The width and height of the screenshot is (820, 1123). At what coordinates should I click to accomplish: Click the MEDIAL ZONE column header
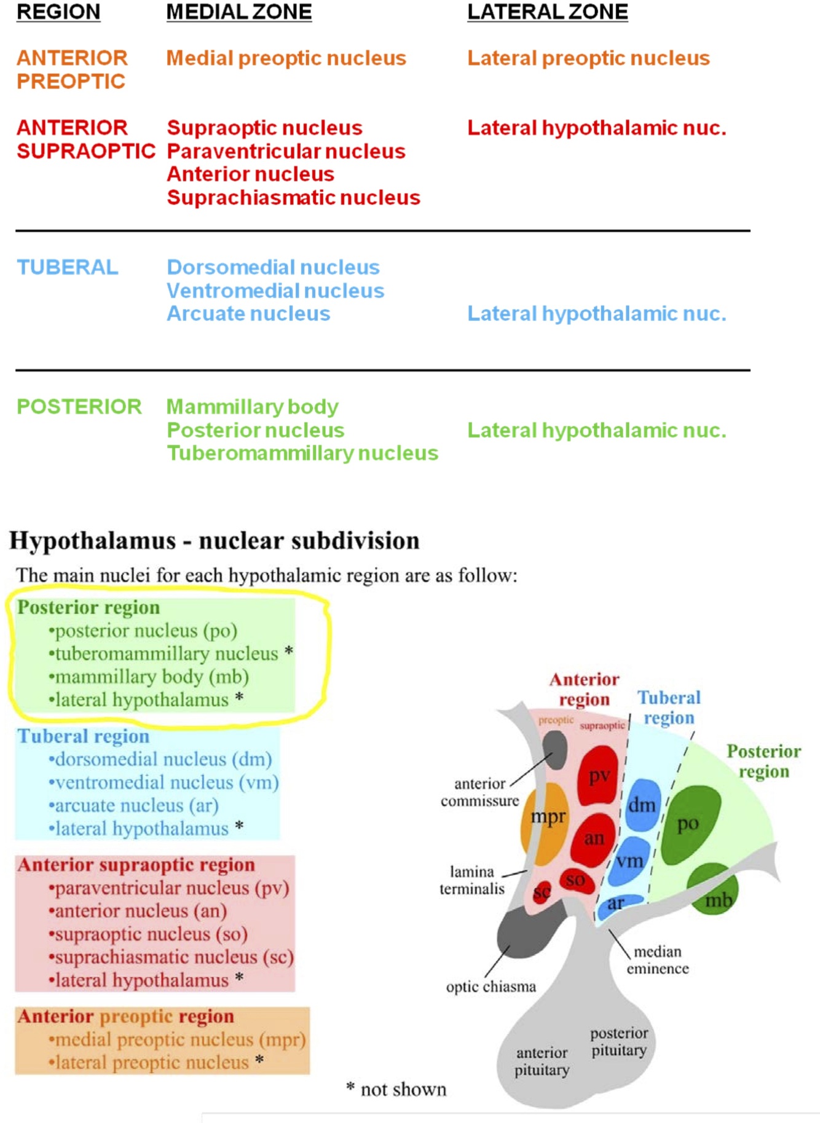(x=239, y=12)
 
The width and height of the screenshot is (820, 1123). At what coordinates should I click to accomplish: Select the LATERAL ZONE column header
(x=547, y=12)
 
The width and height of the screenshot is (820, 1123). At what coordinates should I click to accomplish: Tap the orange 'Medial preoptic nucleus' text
(x=286, y=58)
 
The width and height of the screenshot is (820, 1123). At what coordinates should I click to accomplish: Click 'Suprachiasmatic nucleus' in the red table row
(x=293, y=198)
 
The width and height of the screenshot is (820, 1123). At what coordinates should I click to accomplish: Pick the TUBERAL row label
(x=67, y=267)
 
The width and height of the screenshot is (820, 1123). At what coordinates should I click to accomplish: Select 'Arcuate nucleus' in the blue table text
(x=248, y=314)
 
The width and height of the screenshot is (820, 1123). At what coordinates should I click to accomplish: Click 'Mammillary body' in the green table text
(x=252, y=407)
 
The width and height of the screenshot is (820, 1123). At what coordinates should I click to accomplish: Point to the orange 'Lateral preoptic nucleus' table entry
(x=588, y=58)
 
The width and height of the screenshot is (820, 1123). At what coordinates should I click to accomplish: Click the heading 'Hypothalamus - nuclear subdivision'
(x=214, y=541)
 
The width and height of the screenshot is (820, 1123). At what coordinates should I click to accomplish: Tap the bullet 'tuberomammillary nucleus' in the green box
(x=166, y=653)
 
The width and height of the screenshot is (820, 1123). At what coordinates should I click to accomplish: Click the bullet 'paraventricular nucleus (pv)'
(x=171, y=888)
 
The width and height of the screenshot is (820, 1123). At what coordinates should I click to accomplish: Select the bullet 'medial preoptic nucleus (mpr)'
(x=179, y=1039)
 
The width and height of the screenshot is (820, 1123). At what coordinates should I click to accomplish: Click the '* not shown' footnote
(x=396, y=1089)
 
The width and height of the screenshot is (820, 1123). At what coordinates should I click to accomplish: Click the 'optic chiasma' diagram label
(x=491, y=987)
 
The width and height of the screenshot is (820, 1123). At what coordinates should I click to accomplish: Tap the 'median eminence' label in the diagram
(x=658, y=960)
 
